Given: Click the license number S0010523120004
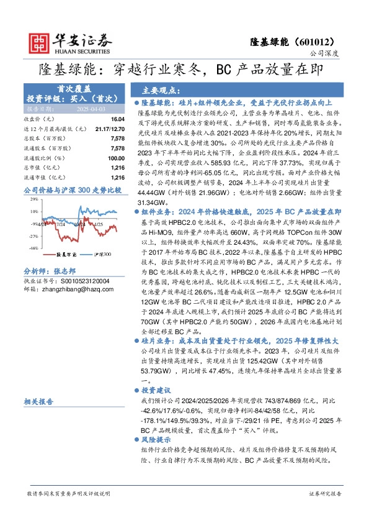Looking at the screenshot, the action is tap(78, 281).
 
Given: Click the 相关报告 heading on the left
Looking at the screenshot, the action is tap(39, 402).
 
